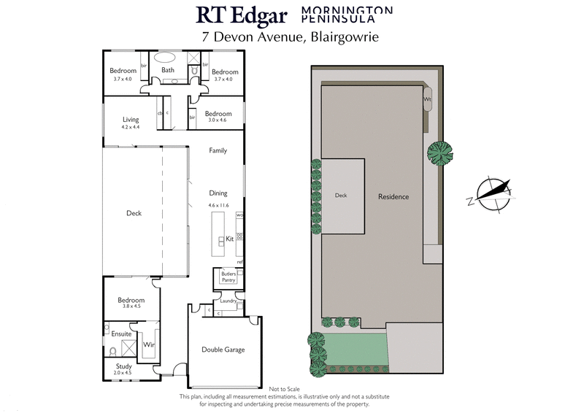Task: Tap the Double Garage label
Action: pos(223,350)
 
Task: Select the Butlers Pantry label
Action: pos(224,276)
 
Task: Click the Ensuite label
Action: pos(121,333)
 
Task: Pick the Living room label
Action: pos(131,120)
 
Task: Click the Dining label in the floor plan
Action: pos(218,193)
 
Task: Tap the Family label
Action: pos(218,150)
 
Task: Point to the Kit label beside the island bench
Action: pos(228,239)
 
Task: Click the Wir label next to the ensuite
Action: pos(148,344)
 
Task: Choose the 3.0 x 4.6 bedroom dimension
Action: pos(218,121)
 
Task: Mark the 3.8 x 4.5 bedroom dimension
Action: pos(131,306)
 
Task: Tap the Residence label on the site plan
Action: pos(393,197)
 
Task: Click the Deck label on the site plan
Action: pos(341,196)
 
